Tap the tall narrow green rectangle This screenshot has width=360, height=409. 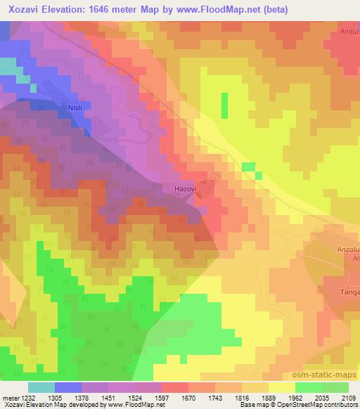(x=225, y=105)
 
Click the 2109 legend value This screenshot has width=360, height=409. (x=348, y=397)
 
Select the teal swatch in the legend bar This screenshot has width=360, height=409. (x=41, y=387)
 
